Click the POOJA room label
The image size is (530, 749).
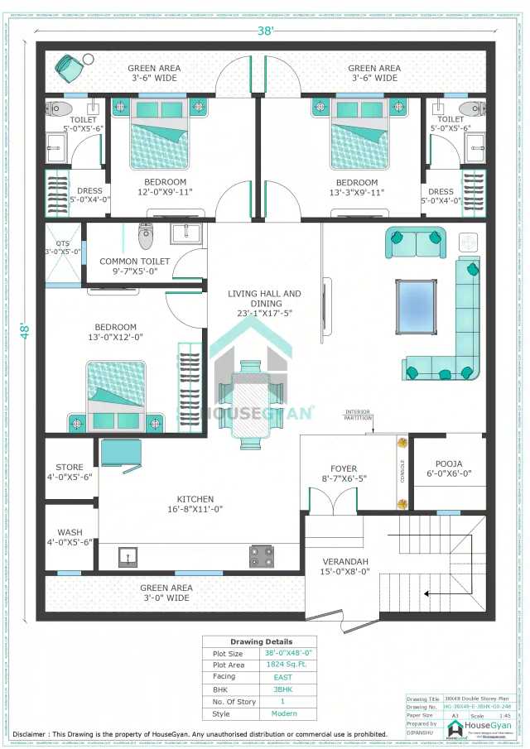click(x=449, y=468)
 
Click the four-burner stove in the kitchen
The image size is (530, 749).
click(x=261, y=556)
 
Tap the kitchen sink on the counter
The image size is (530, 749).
click(x=127, y=556)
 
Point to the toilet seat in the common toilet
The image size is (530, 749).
click(x=146, y=236)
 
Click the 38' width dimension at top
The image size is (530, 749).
click(x=264, y=31)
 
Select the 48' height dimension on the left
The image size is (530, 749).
click(x=26, y=331)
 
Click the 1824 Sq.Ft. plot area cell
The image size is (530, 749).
click(x=282, y=665)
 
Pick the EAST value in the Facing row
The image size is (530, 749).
click(x=282, y=676)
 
